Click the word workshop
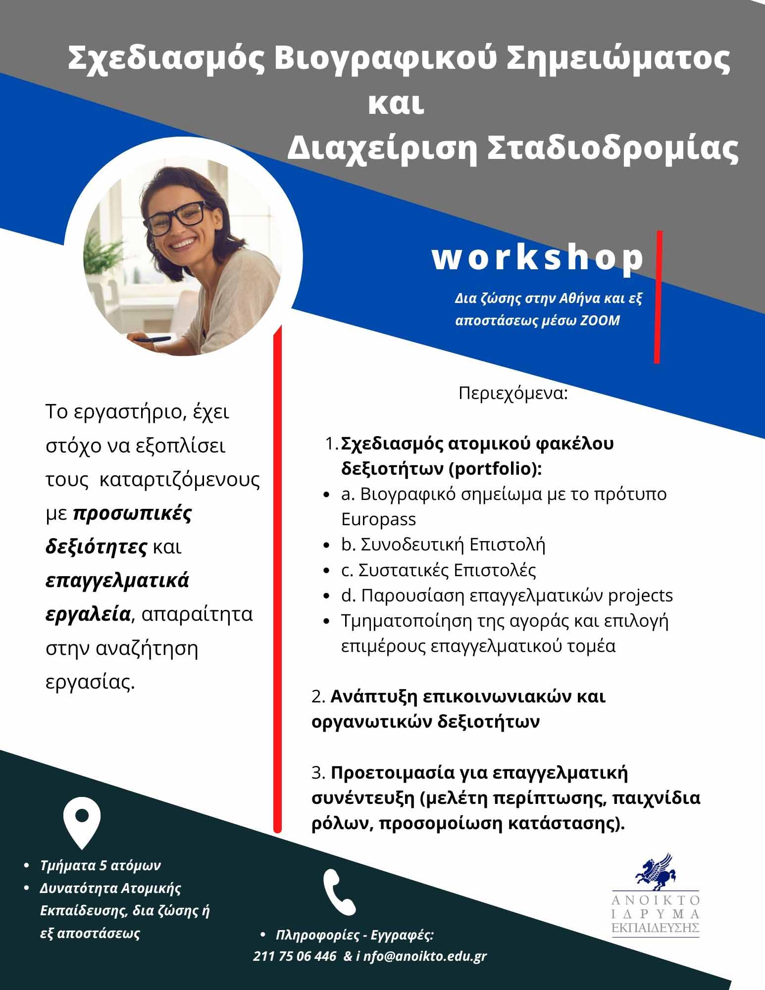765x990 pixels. tap(538, 258)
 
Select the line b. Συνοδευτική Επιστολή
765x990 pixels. tap(443, 544)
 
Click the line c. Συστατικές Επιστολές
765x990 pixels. tap(439, 570)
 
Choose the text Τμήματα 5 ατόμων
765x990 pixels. tap(101, 865)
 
